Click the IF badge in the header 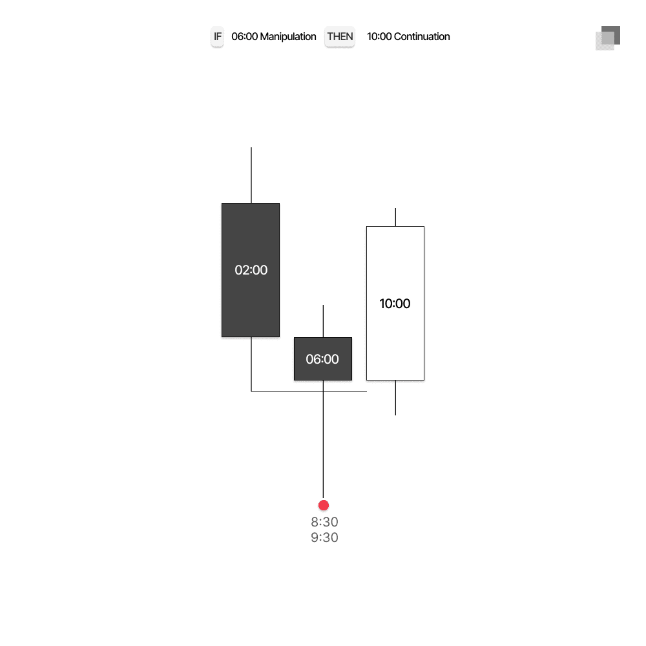pos(218,37)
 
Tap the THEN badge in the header pos(340,37)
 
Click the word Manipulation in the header pos(288,37)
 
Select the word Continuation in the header pos(422,37)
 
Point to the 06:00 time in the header pos(244,37)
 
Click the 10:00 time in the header pos(379,37)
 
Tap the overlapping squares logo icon pos(608,38)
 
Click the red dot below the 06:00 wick pos(324,505)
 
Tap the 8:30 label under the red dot pos(324,522)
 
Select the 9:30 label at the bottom pos(324,537)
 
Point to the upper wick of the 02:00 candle pos(251,174)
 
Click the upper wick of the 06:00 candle pos(323,321)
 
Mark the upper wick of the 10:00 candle pos(395,217)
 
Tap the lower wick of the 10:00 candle pos(395,397)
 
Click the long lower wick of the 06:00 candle pos(323,446)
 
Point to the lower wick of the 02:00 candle pos(251,363)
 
